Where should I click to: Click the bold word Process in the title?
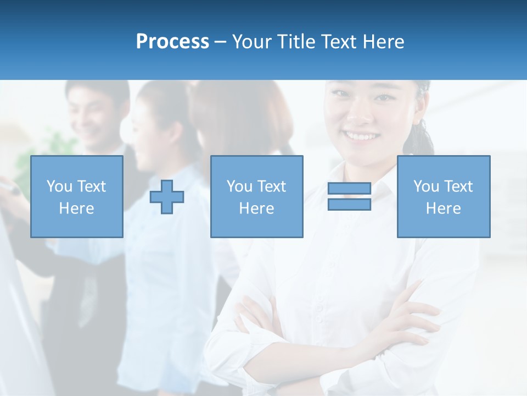pyautogui.click(x=172, y=42)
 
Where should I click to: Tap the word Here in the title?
pyautogui.click(x=383, y=42)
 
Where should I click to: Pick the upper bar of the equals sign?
pyautogui.click(x=349, y=189)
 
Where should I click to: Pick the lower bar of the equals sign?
pyautogui.click(x=349, y=204)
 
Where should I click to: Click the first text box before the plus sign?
pyautogui.click(x=76, y=196)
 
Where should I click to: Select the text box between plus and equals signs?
pyautogui.click(x=256, y=196)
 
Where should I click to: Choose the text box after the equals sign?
pyautogui.click(x=443, y=196)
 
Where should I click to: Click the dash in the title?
pyautogui.click(x=221, y=42)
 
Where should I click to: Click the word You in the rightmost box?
pyautogui.click(x=426, y=186)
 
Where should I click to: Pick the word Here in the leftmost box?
pyautogui.click(x=76, y=208)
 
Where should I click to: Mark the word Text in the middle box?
pyautogui.click(x=271, y=186)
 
